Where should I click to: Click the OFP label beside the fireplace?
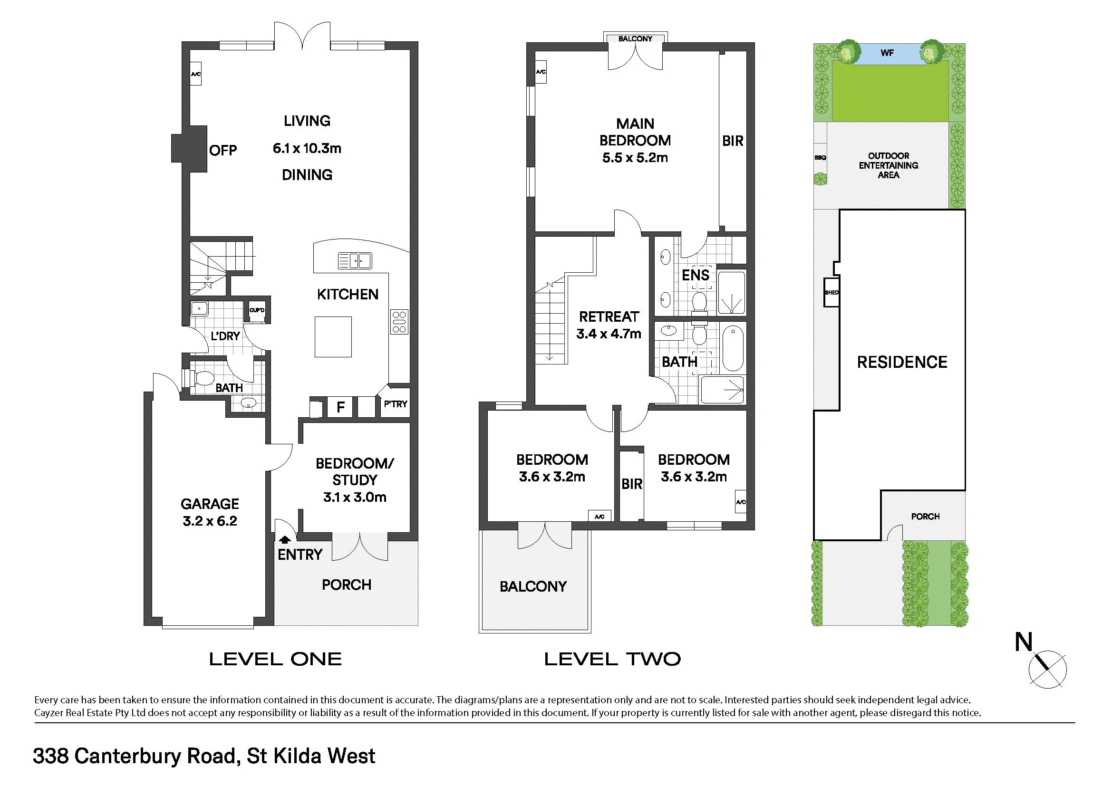pos(223,151)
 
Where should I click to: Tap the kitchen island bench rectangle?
pos(333,337)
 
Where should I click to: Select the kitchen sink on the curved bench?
pos(355,261)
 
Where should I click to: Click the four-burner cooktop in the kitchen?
pos(399,322)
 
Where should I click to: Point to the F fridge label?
pos(341,407)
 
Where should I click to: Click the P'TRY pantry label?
pos(395,403)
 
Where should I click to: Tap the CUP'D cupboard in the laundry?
pos(257,310)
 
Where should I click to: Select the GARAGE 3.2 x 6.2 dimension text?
pos(210,521)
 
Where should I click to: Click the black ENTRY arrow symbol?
pos(284,539)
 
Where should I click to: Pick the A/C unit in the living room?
pos(196,74)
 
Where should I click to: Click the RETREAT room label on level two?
pos(609,317)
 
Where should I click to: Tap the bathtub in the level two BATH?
pos(733,348)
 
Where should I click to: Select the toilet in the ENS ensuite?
pos(699,302)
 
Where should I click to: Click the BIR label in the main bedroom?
pos(732,141)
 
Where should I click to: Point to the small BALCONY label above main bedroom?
pos(635,38)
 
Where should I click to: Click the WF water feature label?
pos(887,53)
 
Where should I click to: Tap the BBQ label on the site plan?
pos(820,158)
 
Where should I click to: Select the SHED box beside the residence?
pos(831,292)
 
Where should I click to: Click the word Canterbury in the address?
pos(127,756)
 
